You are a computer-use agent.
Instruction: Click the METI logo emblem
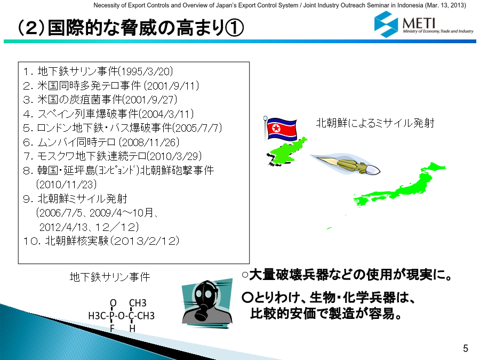pyautogui.click(x=386, y=24)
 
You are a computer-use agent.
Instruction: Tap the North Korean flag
pyautogui.click(x=281, y=129)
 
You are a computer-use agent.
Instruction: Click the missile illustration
pyautogui.click(x=345, y=164)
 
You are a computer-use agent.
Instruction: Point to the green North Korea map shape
pyautogui.click(x=286, y=151)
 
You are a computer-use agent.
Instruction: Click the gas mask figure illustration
pyautogui.click(x=207, y=302)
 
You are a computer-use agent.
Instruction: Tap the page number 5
pyautogui.click(x=465, y=348)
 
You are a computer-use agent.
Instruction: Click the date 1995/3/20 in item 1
pyautogui.click(x=146, y=71)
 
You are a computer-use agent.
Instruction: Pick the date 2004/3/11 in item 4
pyautogui.click(x=166, y=114)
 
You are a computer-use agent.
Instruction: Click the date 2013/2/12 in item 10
pyautogui.click(x=145, y=241)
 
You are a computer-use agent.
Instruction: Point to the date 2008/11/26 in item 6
pyautogui.click(x=149, y=142)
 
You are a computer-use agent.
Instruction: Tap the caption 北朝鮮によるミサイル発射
pyautogui.click(x=375, y=123)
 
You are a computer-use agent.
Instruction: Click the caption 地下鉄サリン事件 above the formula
pyautogui.click(x=110, y=277)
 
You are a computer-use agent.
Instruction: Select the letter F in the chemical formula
pyautogui.click(x=112, y=328)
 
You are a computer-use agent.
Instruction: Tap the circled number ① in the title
pyautogui.click(x=234, y=28)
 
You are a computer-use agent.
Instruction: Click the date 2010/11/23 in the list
pyautogui.click(x=66, y=185)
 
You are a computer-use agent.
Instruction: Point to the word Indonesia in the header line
pyautogui.click(x=407, y=5)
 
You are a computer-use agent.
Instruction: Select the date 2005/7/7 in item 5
pyautogui.click(x=197, y=128)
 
